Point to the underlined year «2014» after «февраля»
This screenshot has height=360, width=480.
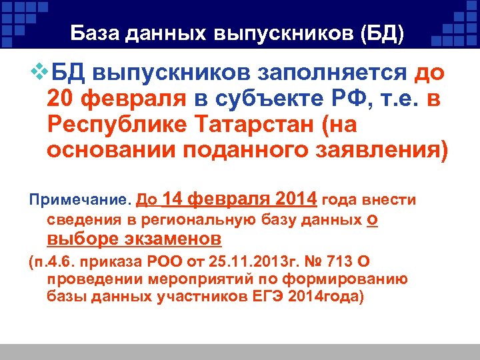[295, 199]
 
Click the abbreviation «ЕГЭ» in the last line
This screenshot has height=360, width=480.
[267, 296]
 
